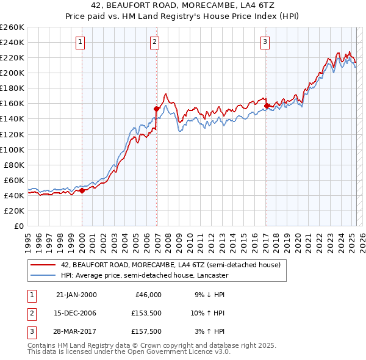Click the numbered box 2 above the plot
[155, 42]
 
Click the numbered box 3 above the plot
[265, 42]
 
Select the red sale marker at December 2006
[156, 109]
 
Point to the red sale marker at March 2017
[267, 106]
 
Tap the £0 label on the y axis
[18, 226]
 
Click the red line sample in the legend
[43, 265]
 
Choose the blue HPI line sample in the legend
[43, 275]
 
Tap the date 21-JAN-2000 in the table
[76, 295]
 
